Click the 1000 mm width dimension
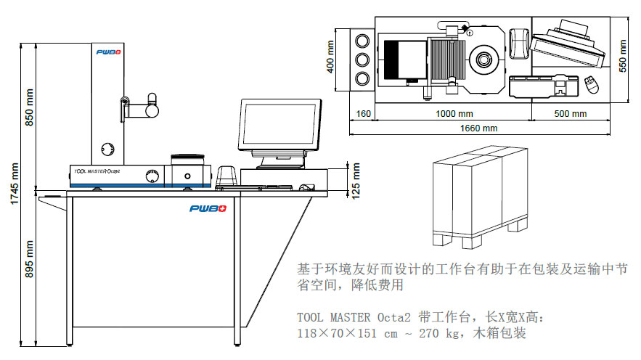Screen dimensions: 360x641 pyautogui.click(x=454, y=114)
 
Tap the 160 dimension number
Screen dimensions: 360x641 pyautogui.click(x=363, y=114)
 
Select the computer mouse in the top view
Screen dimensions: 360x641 pyautogui.click(x=592, y=85)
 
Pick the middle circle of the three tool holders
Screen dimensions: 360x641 pyautogui.click(x=361, y=58)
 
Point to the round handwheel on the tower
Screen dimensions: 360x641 pyautogui.click(x=108, y=148)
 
